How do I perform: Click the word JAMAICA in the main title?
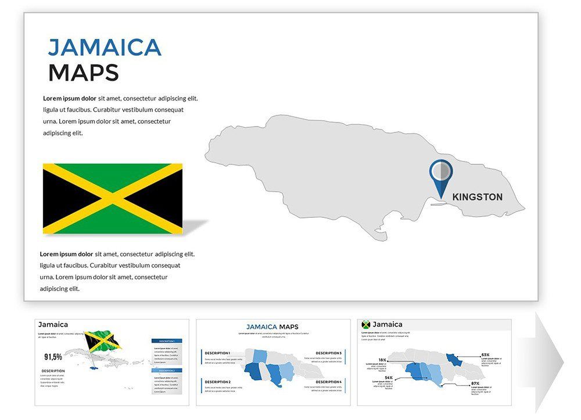tap(105, 48)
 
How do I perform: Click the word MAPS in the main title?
tap(83, 73)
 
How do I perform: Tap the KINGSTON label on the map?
tap(477, 197)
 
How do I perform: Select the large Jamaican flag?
tap(112, 199)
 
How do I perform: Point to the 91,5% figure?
tap(53, 357)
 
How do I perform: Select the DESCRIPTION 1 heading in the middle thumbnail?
tap(217, 353)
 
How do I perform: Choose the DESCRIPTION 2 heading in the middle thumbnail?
tap(217, 382)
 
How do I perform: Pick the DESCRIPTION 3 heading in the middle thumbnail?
tap(329, 353)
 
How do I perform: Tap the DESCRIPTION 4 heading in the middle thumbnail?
tap(329, 382)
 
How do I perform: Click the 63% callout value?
tap(485, 354)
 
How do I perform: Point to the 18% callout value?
tap(382, 360)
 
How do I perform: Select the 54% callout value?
tap(388, 378)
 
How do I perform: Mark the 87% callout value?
tap(475, 383)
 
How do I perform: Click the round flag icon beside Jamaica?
tap(366, 325)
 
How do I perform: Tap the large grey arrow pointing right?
tap(549, 363)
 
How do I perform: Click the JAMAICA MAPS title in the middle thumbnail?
tap(272, 327)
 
